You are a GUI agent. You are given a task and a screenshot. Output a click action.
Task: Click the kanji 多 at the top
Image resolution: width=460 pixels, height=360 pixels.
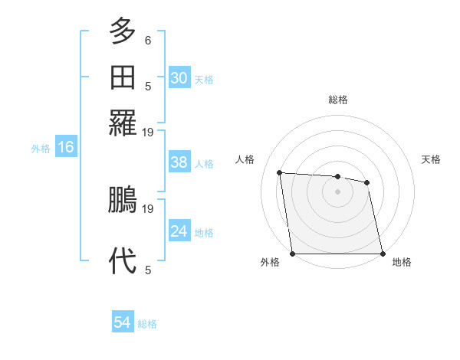123,31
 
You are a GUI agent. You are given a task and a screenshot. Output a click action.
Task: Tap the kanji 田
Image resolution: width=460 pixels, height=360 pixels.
123,77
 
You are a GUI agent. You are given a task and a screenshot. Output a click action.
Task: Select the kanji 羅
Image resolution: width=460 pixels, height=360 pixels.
123,122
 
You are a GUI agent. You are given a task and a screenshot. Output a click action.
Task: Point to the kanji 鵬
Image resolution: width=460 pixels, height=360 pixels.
123,201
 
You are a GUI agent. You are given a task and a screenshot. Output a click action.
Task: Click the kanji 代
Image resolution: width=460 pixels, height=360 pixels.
123,260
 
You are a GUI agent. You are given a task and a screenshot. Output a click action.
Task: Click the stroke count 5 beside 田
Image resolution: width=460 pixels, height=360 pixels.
148,86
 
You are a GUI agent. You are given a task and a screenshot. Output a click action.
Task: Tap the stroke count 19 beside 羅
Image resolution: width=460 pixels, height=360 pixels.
148,132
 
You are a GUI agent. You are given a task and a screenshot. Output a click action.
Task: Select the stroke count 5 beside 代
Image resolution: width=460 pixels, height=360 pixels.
148,270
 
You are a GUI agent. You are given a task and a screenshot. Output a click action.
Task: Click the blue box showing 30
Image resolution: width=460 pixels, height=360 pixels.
179,78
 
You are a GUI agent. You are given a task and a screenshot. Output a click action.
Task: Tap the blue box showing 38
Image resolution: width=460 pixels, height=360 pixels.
179,162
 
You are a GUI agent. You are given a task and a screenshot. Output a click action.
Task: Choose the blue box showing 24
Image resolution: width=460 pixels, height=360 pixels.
179,231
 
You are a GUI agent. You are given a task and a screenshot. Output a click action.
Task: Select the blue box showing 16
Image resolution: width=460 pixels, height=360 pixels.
65,148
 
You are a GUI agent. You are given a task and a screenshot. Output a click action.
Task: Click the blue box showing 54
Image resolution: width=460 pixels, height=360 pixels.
122,323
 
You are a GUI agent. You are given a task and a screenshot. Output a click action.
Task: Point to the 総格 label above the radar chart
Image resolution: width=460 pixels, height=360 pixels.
338,100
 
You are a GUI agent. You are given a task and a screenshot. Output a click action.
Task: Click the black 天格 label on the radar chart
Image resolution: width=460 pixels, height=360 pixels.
432,159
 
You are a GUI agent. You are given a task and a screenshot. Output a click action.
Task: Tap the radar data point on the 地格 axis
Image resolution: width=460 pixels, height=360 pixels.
383,254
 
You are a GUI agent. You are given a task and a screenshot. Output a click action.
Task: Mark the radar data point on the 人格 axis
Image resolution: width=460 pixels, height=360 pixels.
280,172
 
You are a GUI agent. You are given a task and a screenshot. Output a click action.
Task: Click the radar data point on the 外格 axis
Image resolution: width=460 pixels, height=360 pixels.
293,254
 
